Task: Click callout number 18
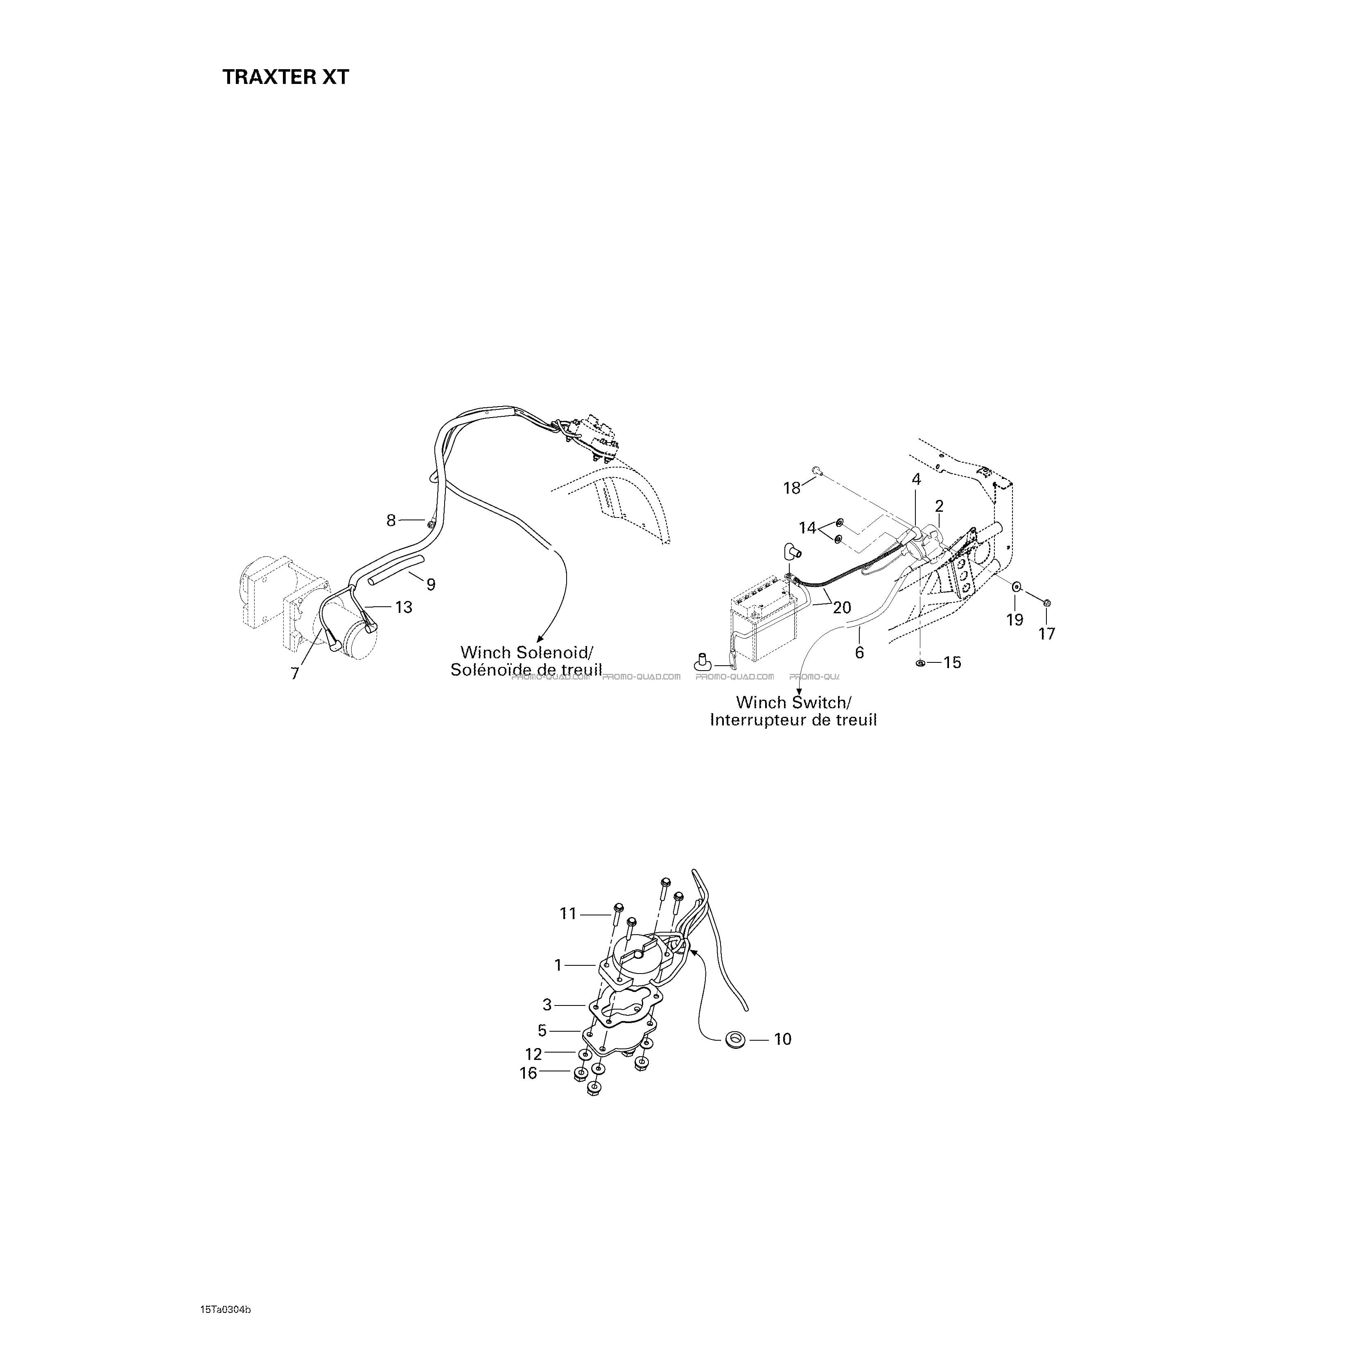[792, 488]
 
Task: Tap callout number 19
[1014, 619]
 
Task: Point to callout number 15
[952, 662]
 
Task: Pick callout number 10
[782, 1059]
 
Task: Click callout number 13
[404, 607]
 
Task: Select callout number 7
[295, 673]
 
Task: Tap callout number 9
[431, 584]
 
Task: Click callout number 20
[842, 608]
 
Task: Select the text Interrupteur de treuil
[793, 720]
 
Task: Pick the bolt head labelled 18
[816, 471]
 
